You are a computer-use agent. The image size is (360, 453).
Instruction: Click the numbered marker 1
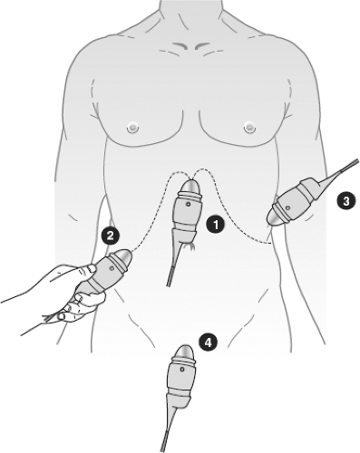pyautogui.click(x=216, y=225)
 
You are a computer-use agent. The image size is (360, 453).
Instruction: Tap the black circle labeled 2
pyautogui.click(x=111, y=236)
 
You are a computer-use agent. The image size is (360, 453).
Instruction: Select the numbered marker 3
pyautogui.click(x=346, y=201)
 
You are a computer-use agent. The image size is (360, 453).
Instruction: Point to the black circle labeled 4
pyautogui.click(x=208, y=342)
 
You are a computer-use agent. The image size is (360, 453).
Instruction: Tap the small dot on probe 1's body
pyautogui.click(x=189, y=205)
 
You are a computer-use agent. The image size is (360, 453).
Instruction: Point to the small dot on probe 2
pyautogui.click(x=112, y=268)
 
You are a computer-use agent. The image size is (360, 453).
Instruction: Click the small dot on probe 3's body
pyautogui.click(x=287, y=207)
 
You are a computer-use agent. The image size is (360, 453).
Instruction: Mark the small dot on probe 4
pyautogui.click(x=182, y=370)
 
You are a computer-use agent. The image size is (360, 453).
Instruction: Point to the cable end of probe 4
pyautogui.click(x=163, y=449)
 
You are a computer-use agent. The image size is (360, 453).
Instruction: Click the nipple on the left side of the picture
pyautogui.click(x=132, y=128)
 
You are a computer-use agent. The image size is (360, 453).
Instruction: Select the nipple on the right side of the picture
pyautogui.click(x=249, y=127)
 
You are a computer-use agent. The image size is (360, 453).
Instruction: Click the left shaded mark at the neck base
pyautogui.click(x=181, y=46)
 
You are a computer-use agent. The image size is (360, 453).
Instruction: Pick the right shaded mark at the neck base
pyautogui.click(x=202, y=45)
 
